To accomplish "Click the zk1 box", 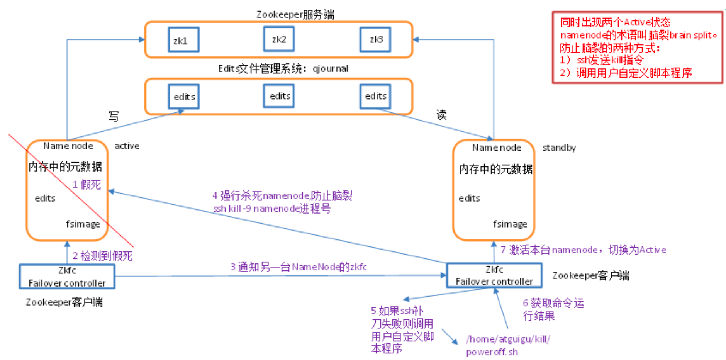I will (183, 40).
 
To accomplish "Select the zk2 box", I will (279, 39).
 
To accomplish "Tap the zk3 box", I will (375, 39).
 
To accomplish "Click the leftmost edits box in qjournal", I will (184, 97).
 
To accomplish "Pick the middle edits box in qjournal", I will (279, 96).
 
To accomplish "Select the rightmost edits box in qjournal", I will (375, 96).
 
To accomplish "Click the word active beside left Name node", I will (127, 146).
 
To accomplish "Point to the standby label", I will (559, 148).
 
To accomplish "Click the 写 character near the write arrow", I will (114, 116).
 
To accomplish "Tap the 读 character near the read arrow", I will (441, 115).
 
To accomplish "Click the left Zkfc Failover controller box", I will (67, 277).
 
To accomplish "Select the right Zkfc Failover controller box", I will (494, 275).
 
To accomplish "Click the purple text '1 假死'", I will (87, 185).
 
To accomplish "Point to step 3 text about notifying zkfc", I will (298, 267).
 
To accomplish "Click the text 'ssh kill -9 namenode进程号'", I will (271, 209).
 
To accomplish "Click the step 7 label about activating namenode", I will (583, 250).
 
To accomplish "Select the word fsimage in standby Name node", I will (510, 224).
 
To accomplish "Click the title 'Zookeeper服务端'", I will (295, 15).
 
